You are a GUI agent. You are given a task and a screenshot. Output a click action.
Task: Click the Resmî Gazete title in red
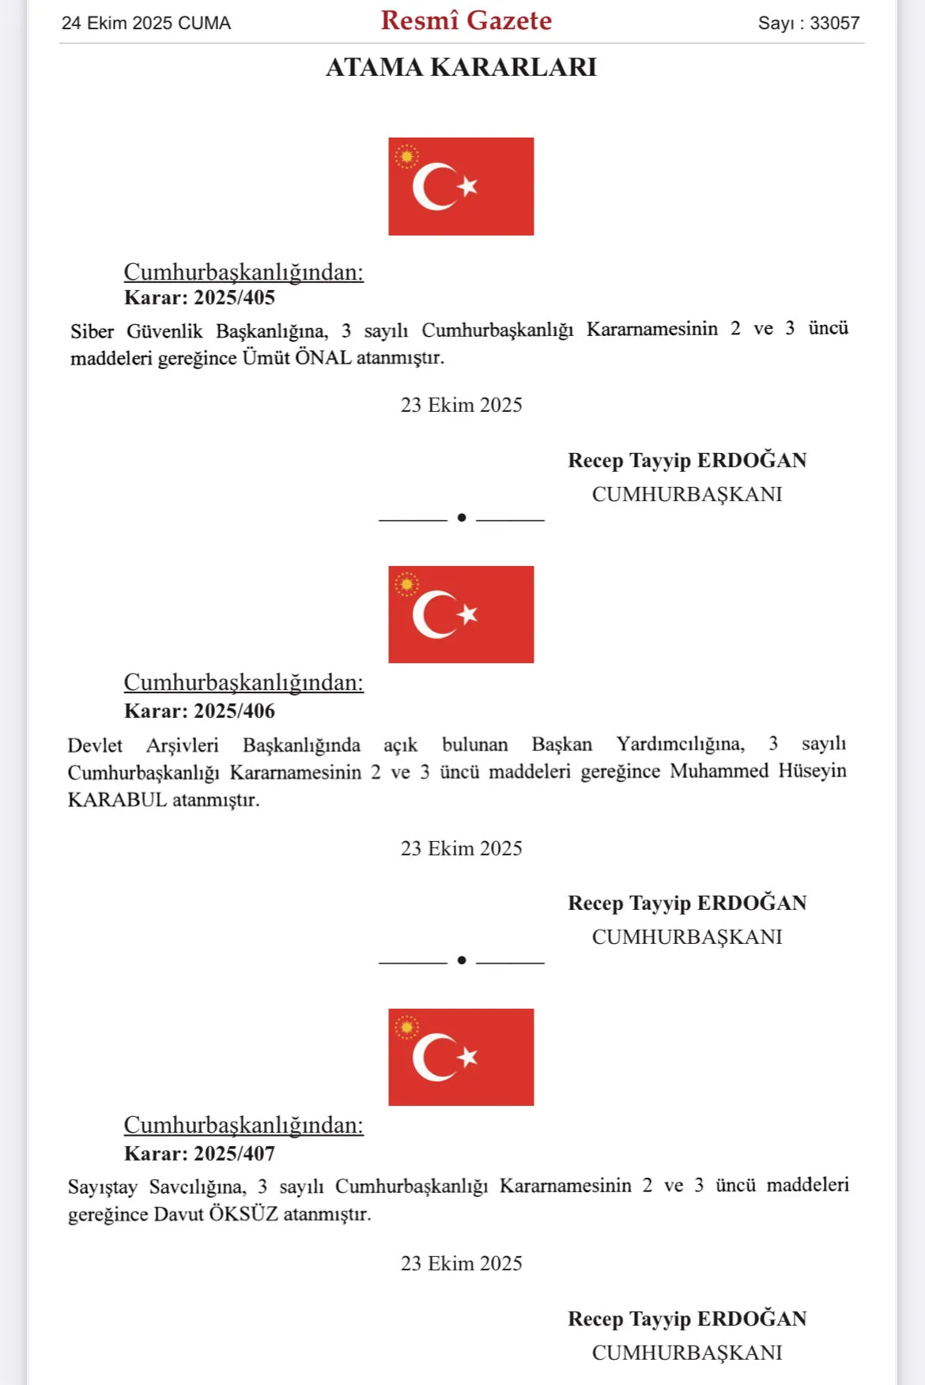tap(466, 21)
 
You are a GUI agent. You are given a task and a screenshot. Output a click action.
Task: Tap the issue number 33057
tap(834, 23)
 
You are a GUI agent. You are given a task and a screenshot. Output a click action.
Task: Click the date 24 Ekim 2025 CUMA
tap(146, 23)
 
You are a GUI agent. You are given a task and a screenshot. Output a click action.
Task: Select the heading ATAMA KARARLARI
tap(461, 67)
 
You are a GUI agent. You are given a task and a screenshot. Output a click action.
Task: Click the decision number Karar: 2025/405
tap(199, 298)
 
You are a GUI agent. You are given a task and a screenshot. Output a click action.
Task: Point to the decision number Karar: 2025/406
tap(199, 711)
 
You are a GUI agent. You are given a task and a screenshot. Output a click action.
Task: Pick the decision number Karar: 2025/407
tap(199, 1153)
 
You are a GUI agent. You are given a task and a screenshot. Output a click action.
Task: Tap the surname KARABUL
tap(117, 800)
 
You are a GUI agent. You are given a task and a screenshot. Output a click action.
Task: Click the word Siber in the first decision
tap(92, 331)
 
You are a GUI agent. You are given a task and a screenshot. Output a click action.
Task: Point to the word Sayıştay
tap(102, 1187)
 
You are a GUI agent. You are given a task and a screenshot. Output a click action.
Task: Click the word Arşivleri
tap(182, 745)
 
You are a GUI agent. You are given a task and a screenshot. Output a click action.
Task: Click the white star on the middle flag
tap(468, 613)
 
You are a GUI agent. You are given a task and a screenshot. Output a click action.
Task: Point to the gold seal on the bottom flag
tap(406, 1028)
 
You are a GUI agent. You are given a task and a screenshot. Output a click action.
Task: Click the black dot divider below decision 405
tap(462, 518)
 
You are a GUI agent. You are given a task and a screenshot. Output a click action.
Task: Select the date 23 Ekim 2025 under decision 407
tap(461, 1263)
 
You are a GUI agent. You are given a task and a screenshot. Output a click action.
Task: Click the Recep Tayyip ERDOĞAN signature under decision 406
tap(687, 903)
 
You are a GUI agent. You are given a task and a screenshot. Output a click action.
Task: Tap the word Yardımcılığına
tap(680, 744)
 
